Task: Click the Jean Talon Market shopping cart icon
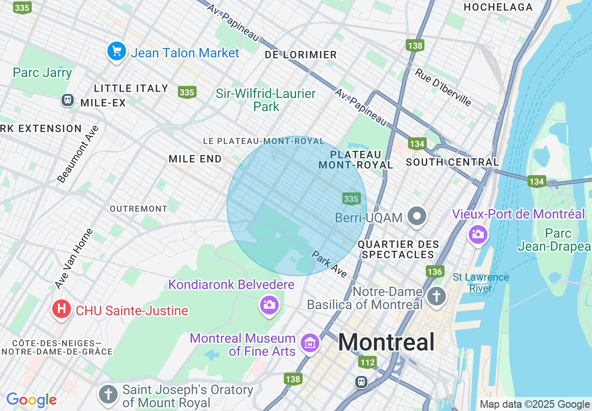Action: pos(116,51)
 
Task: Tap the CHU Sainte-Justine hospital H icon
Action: pos(61,309)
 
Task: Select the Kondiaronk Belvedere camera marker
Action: pos(269,305)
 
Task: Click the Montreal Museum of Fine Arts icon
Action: pos(310,344)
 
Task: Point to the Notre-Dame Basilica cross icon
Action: pos(437,296)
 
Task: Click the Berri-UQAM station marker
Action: pos(417,216)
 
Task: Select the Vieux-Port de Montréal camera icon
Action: pos(478,234)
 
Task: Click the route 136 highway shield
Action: pos(434,271)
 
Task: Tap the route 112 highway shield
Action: pos(367,362)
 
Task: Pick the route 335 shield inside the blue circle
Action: pos(351,199)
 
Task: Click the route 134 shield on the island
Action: pos(537,181)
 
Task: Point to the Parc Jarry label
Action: pos(42,73)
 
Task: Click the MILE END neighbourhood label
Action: pos(195,159)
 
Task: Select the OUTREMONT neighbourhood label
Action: pos(138,209)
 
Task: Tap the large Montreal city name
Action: pos(386,342)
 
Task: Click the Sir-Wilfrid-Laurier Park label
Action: pos(266,100)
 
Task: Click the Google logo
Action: pos(31,400)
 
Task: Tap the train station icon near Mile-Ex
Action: pos(68,99)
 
